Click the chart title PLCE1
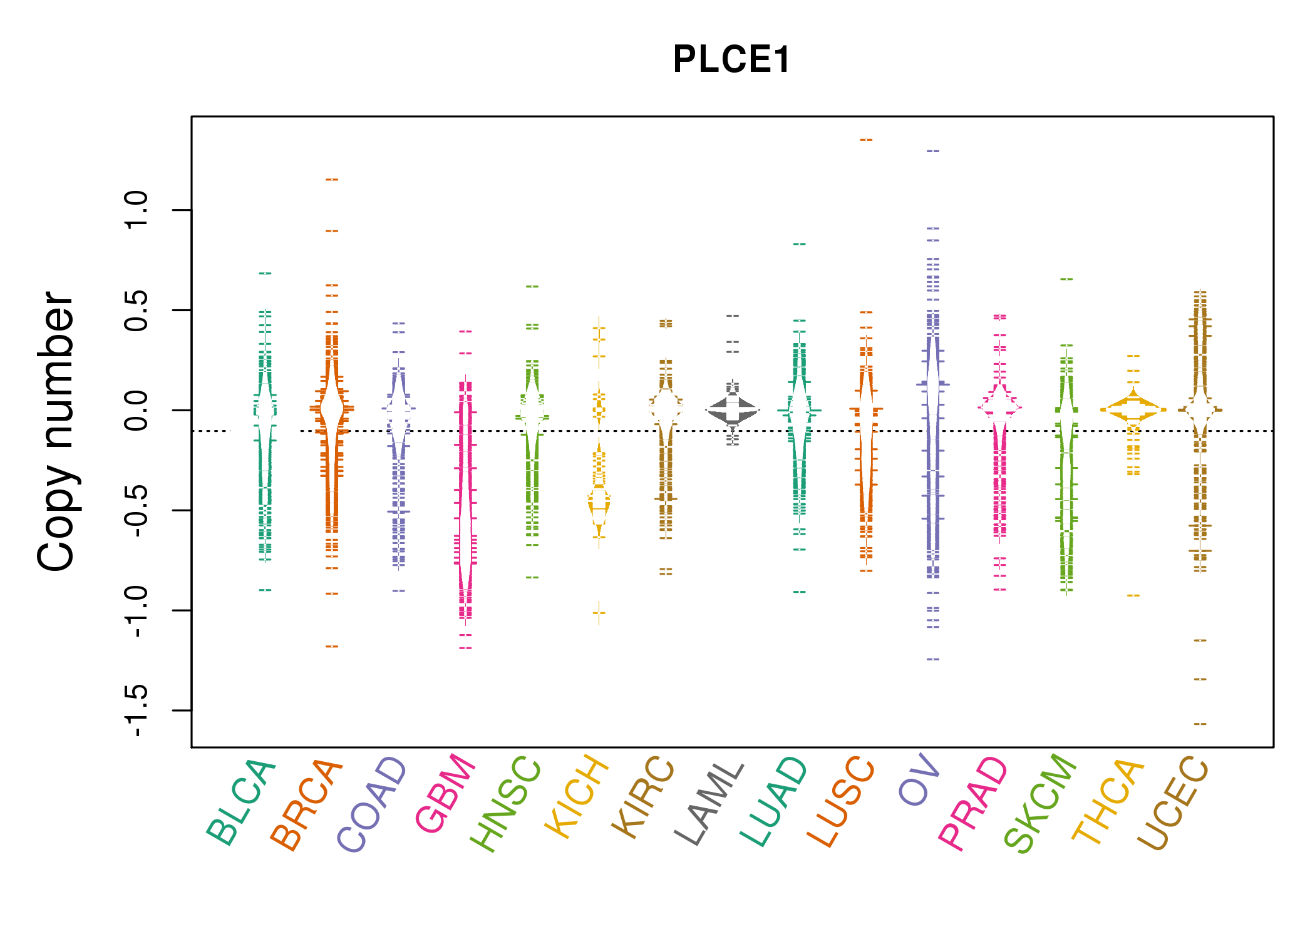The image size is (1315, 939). (x=731, y=60)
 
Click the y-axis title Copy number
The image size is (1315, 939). (x=56, y=431)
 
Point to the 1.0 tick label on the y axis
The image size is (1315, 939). (x=137, y=210)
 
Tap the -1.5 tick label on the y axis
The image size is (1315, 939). (x=137, y=711)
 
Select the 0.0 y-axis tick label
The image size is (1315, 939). (x=137, y=411)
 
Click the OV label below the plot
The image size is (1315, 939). (x=919, y=779)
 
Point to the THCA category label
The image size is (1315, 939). (x=1108, y=801)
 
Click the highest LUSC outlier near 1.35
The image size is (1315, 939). (x=866, y=140)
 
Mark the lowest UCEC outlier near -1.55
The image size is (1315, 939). (x=1200, y=724)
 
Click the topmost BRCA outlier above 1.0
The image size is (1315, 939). (x=332, y=180)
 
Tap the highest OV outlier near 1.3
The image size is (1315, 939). (x=933, y=151)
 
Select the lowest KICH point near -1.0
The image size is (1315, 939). (x=599, y=613)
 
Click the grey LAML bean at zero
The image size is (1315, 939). (x=733, y=411)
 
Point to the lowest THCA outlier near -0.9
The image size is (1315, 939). (x=1133, y=595)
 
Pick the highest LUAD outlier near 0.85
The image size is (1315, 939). (x=800, y=244)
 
